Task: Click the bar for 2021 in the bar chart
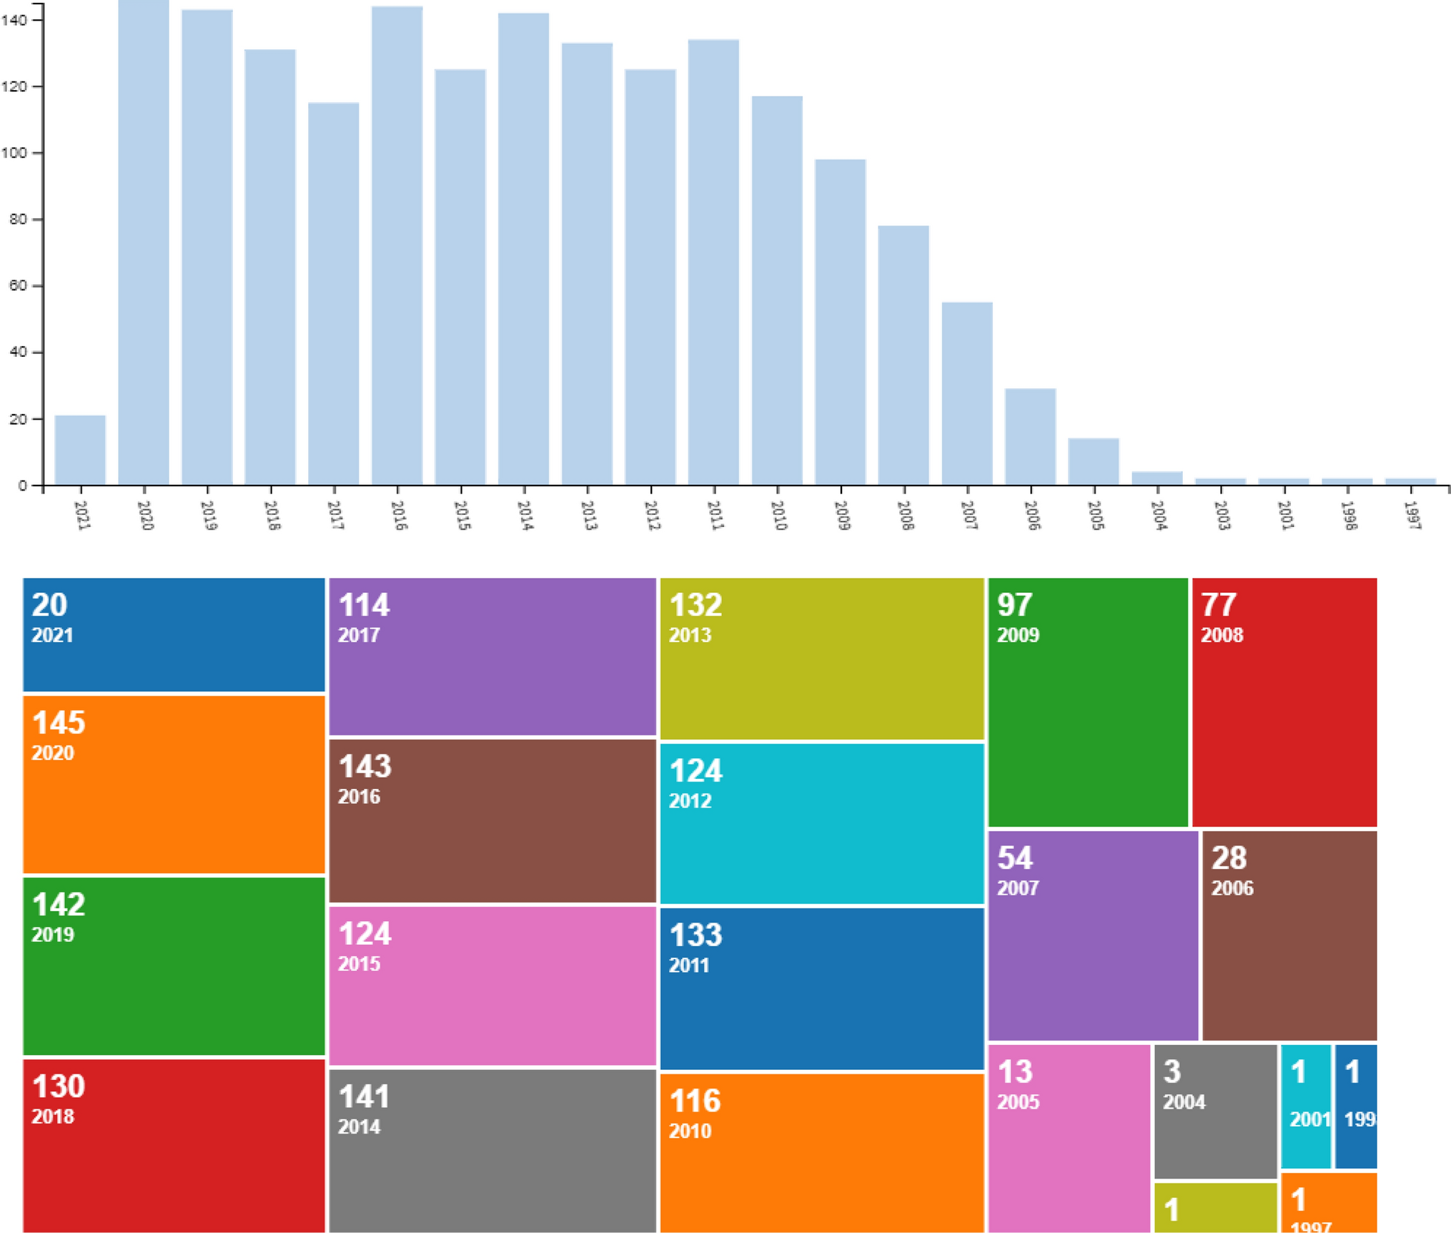[x=80, y=450]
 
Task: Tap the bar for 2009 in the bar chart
[x=840, y=322]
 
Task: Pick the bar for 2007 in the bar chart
[x=966, y=393]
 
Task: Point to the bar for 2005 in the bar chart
[x=1093, y=461]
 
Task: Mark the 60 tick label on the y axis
[x=17, y=286]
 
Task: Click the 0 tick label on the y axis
[x=23, y=486]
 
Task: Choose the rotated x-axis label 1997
[x=1412, y=515]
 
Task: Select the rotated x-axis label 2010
[x=778, y=515]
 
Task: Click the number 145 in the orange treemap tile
[x=59, y=722]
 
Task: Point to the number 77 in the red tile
[x=1218, y=605]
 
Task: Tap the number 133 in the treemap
[x=695, y=935]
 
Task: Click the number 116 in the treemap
[x=695, y=1101]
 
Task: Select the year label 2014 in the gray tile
[x=359, y=1127]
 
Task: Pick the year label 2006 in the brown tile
[x=1232, y=888]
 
